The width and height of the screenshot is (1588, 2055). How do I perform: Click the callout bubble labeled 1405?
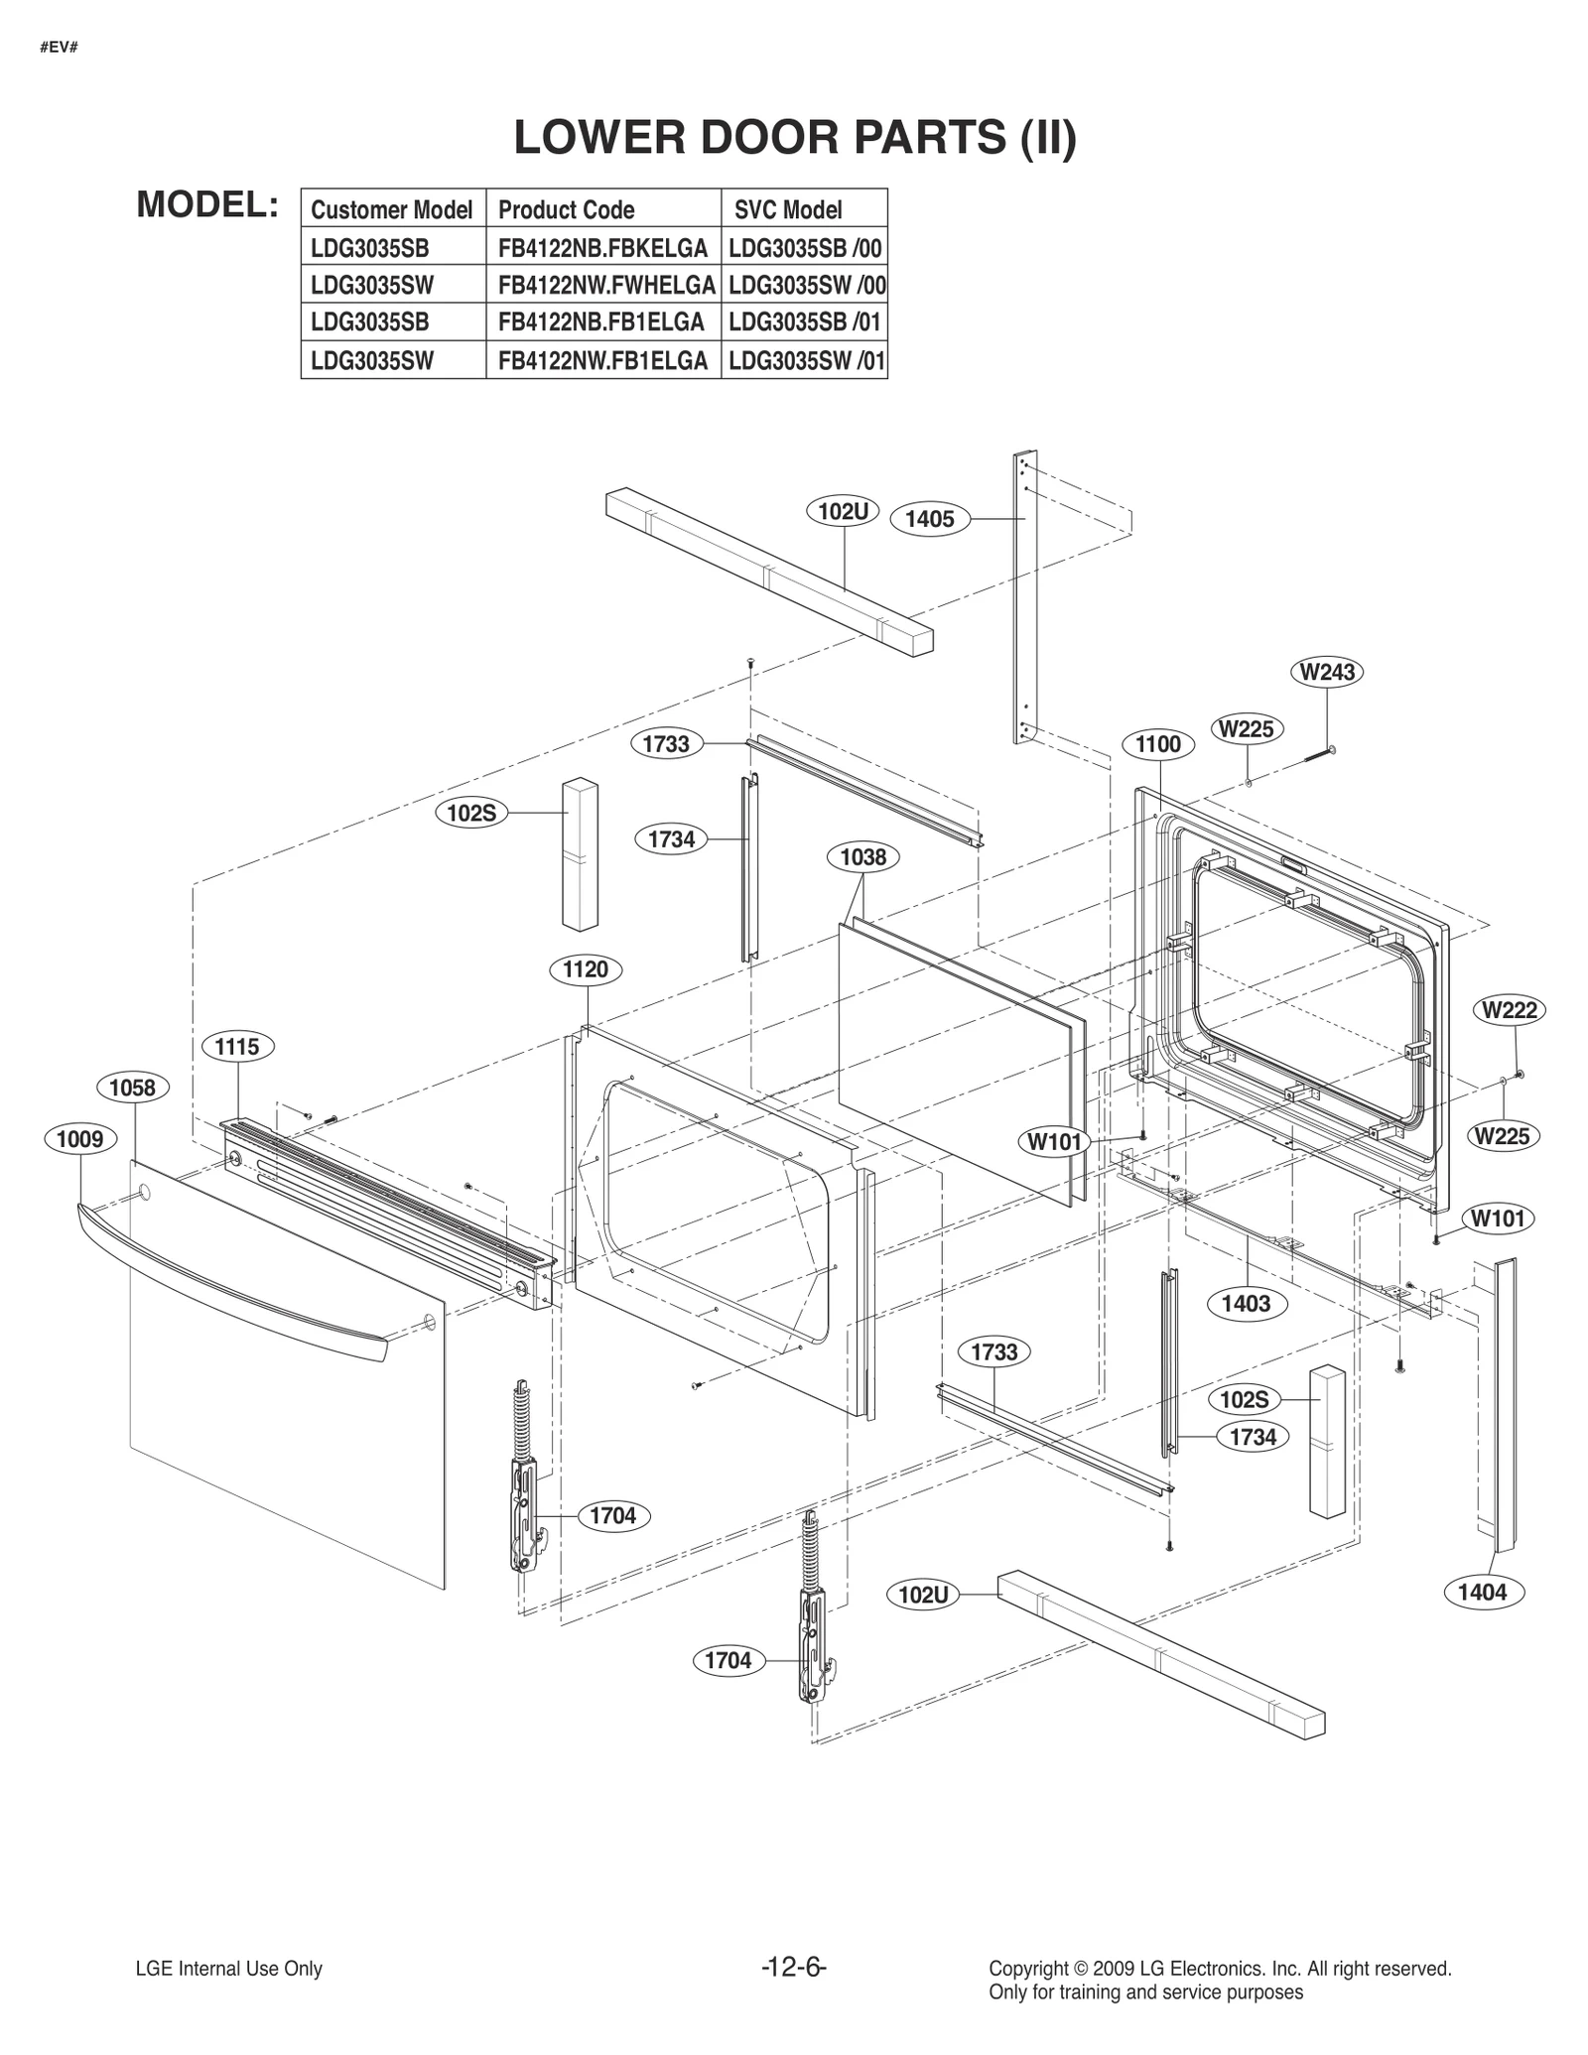pyautogui.click(x=929, y=519)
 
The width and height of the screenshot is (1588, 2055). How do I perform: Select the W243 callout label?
pyautogui.click(x=1327, y=672)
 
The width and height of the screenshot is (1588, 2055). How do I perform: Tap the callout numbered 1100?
pyautogui.click(x=1157, y=744)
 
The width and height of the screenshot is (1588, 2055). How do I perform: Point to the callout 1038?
pyautogui.click(x=862, y=856)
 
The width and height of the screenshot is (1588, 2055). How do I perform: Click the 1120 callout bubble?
pyautogui.click(x=585, y=969)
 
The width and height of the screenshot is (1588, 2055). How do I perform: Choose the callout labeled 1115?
pyautogui.click(x=237, y=1046)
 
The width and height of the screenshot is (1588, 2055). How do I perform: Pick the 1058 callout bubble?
pyautogui.click(x=132, y=1088)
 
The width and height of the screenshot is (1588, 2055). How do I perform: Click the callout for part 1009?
pyautogui.click(x=79, y=1138)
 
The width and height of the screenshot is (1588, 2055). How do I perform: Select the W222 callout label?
pyautogui.click(x=1510, y=1010)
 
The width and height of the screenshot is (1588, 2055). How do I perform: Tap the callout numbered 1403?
pyautogui.click(x=1246, y=1303)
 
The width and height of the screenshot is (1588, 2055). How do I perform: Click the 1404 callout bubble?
pyautogui.click(x=1481, y=1592)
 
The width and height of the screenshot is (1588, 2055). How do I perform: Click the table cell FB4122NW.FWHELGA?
pyautogui.click(x=605, y=286)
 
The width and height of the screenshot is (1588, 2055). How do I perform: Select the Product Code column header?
pyautogui.click(x=567, y=209)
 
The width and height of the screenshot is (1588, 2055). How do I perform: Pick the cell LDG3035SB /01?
pyautogui.click(x=805, y=322)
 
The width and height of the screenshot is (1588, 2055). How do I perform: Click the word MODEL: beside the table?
pyautogui.click(x=206, y=204)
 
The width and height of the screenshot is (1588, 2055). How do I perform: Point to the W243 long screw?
pyautogui.click(x=1314, y=756)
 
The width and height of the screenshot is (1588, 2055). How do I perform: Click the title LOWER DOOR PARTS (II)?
pyautogui.click(x=794, y=138)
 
